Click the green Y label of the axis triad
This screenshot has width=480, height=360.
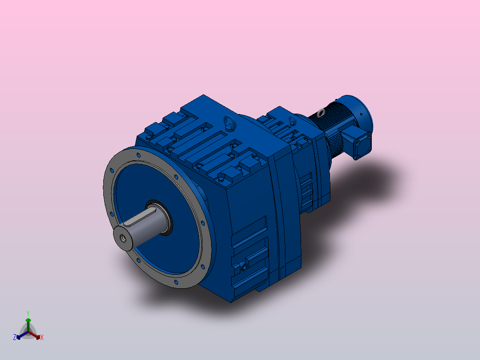[28, 313]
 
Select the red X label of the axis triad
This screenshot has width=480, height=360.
[42, 338]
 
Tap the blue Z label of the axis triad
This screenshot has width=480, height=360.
[15, 338]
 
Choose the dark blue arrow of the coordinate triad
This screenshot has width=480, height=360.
[20, 335]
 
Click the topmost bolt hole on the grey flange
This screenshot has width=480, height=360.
[138, 154]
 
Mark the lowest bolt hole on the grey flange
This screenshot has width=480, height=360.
[175, 282]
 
